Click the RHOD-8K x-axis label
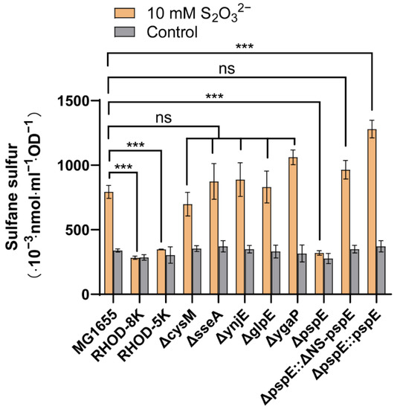[x=128, y=327]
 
